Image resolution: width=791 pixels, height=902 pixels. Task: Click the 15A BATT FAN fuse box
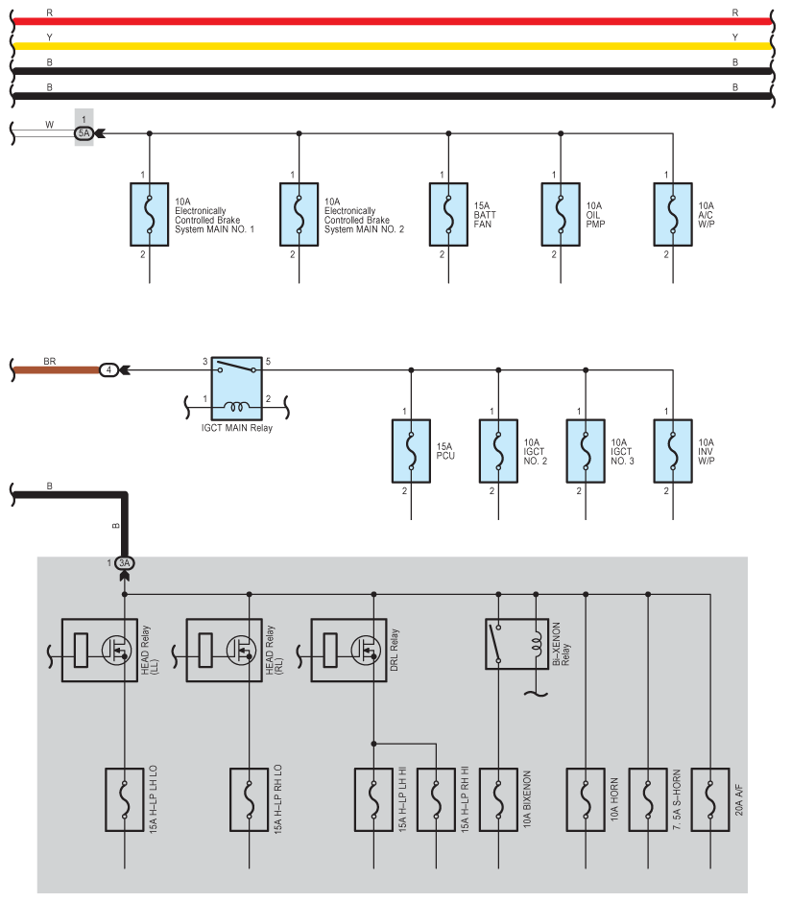click(x=447, y=210)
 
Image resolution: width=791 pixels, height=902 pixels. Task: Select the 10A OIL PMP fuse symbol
click(x=561, y=210)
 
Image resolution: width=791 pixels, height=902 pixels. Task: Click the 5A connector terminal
click(x=85, y=133)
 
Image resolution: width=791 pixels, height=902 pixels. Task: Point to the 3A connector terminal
click(x=125, y=563)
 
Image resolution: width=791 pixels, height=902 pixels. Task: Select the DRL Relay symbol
click(x=349, y=650)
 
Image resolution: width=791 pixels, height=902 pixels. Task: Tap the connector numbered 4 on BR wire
click(x=110, y=369)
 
